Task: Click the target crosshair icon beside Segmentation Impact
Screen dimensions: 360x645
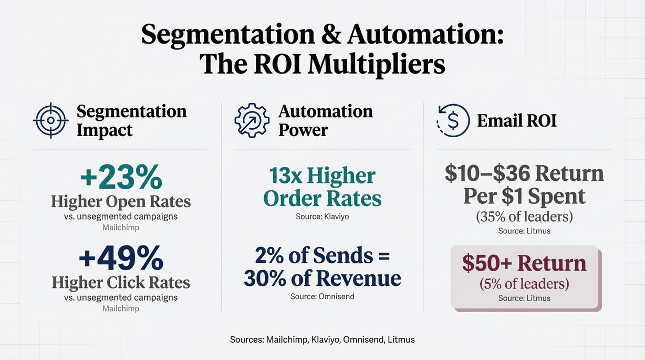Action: point(50,120)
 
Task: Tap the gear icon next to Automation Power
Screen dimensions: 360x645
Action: point(251,120)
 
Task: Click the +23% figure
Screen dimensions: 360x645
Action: point(121,178)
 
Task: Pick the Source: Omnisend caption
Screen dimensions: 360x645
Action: point(322,296)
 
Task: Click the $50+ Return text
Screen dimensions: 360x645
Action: point(524,263)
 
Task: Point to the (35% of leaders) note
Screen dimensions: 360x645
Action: point(524,216)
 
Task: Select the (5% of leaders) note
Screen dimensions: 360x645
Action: point(524,284)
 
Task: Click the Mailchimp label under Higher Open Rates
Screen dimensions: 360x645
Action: point(121,228)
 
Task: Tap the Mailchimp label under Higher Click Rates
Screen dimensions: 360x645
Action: point(121,308)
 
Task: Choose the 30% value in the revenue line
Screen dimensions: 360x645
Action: point(264,278)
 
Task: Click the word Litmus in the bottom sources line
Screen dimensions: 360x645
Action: point(401,340)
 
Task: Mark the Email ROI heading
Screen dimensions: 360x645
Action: point(516,120)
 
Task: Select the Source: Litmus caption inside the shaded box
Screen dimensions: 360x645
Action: point(524,298)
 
